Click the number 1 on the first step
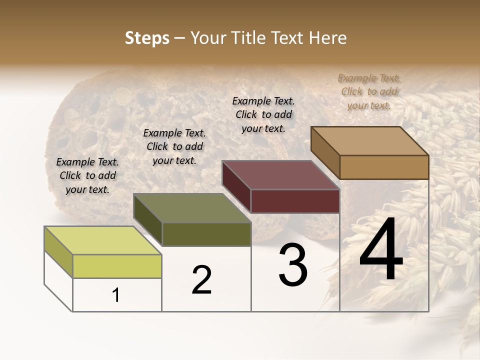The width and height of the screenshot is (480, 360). tap(116, 295)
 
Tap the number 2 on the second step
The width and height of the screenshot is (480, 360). tap(201, 280)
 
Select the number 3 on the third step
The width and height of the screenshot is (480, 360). tap(293, 265)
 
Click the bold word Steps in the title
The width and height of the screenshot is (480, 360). tap(147, 38)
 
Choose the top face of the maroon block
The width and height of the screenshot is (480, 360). tap(281, 175)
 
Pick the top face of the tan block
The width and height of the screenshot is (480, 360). tap(370, 141)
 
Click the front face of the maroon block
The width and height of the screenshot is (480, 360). tap(295, 201)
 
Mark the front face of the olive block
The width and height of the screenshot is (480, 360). tap(206, 234)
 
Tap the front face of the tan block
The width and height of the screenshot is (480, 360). tap(384, 167)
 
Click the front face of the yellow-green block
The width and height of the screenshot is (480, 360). tap(117, 266)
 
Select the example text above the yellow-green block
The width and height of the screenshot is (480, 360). tap(87, 175)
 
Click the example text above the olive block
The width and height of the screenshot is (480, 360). tap(174, 146)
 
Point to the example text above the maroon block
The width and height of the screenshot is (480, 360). tap(263, 114)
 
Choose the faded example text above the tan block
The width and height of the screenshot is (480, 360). tap(369, 91)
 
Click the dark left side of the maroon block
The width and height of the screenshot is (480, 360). tap(236, 186)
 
